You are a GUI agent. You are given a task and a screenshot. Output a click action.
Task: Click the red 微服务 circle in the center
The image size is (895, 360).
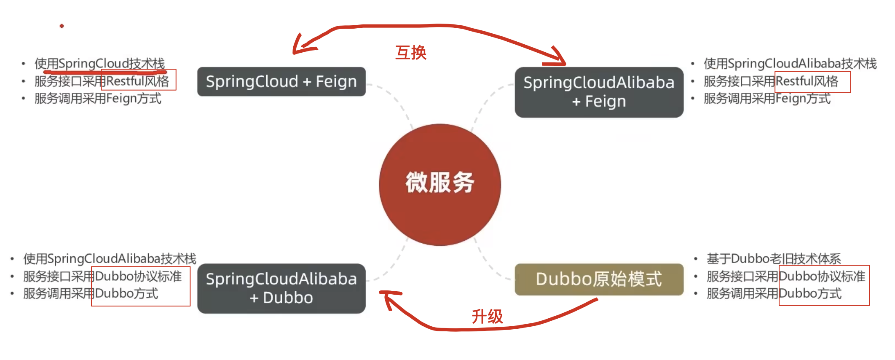click(439, 184)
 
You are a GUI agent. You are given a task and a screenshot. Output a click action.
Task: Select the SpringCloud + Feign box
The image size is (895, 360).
click(281, 81)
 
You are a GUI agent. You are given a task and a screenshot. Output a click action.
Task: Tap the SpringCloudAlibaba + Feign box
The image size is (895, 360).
click(599, 92)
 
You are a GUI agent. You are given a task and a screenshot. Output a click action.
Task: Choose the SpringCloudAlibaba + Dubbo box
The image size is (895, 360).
click(281, 288)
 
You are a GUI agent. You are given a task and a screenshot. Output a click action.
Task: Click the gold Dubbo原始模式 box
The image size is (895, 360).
click(599, 279)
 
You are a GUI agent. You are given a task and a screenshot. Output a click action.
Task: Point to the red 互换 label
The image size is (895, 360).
click(411, 53)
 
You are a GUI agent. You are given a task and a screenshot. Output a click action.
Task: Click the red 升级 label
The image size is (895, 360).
click(487, 316)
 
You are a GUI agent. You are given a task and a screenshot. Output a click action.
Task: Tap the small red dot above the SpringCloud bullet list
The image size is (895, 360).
click(62, 26)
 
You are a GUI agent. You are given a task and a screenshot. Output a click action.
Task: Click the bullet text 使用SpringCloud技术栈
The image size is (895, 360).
click(99, 64)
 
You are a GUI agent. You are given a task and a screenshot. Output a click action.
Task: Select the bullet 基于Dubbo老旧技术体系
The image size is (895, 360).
click(774, 258)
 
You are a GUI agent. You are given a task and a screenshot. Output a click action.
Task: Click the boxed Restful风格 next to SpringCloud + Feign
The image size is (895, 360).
click(138, 81)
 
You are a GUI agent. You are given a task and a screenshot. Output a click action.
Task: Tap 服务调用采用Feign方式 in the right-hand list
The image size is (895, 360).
click(767, 99)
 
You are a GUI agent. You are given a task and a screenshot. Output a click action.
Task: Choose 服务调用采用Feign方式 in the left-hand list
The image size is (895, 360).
click(98, 99)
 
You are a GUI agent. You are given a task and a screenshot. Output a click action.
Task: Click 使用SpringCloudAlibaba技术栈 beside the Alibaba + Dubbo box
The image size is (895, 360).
click(110, 258)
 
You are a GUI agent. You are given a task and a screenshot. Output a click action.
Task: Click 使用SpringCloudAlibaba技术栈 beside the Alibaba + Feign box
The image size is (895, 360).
click(790, 64)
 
